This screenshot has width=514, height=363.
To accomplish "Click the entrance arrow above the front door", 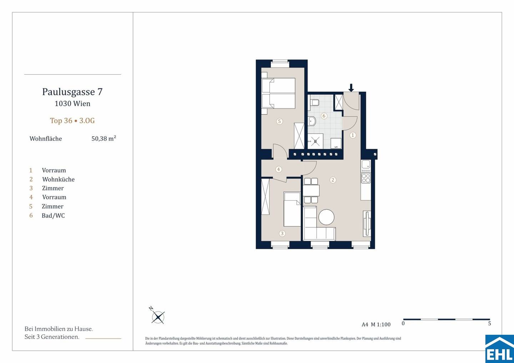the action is click(351, 88).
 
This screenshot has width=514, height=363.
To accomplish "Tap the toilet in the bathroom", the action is click(314, 102).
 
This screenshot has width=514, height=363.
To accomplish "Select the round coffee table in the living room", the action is click(326, 217).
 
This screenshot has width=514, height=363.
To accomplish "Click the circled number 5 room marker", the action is click(279, 121).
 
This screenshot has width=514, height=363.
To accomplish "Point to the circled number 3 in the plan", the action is click(282, 233).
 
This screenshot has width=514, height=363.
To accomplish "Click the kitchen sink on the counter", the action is click(366, 165).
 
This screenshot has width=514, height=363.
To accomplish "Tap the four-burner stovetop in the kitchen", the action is click(366, 178).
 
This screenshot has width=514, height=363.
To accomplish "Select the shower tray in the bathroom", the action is click(315, 141).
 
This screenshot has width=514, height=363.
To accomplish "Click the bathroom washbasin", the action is click(312, 121).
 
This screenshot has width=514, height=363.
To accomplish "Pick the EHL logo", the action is click(500, 349).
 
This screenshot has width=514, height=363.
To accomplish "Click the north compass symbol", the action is click(158, 316).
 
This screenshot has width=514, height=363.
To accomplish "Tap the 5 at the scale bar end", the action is click(489, 323).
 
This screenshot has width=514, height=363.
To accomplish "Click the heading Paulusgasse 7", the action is click(72, 92).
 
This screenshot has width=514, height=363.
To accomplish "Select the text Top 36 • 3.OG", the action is click(72, 121).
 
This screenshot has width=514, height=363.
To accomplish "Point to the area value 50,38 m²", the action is click(104, 138).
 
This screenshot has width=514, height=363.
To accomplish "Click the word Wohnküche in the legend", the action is click(58, 179).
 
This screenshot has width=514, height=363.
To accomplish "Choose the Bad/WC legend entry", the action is click(53, 216).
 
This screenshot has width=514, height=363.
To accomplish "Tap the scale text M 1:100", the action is click(381, 324).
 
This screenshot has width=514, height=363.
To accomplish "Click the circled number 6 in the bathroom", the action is click(324, 116).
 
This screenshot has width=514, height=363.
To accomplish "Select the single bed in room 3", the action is click(292, 209).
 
